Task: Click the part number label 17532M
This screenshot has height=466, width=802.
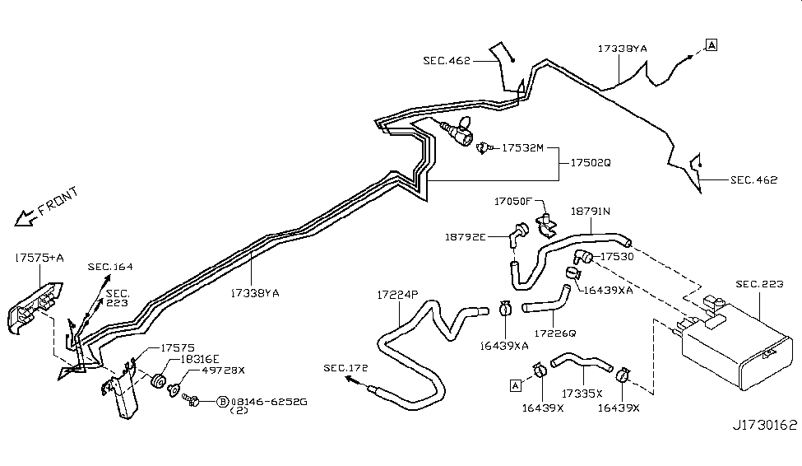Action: point(526,147)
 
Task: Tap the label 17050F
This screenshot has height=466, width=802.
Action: point(515,201)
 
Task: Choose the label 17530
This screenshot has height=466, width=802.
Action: point(616,258)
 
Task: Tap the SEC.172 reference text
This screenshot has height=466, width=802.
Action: point(345,367)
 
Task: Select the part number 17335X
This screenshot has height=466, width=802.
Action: point(582,394)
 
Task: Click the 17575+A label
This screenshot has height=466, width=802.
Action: point(39,258)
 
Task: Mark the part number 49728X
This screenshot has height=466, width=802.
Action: point(200,371)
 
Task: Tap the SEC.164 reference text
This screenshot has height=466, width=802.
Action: point(110,267)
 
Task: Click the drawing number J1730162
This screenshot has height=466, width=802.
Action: point(765,426)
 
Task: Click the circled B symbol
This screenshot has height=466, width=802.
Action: point(222,402)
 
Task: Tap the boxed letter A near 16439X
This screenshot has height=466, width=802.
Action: point(515,384)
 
